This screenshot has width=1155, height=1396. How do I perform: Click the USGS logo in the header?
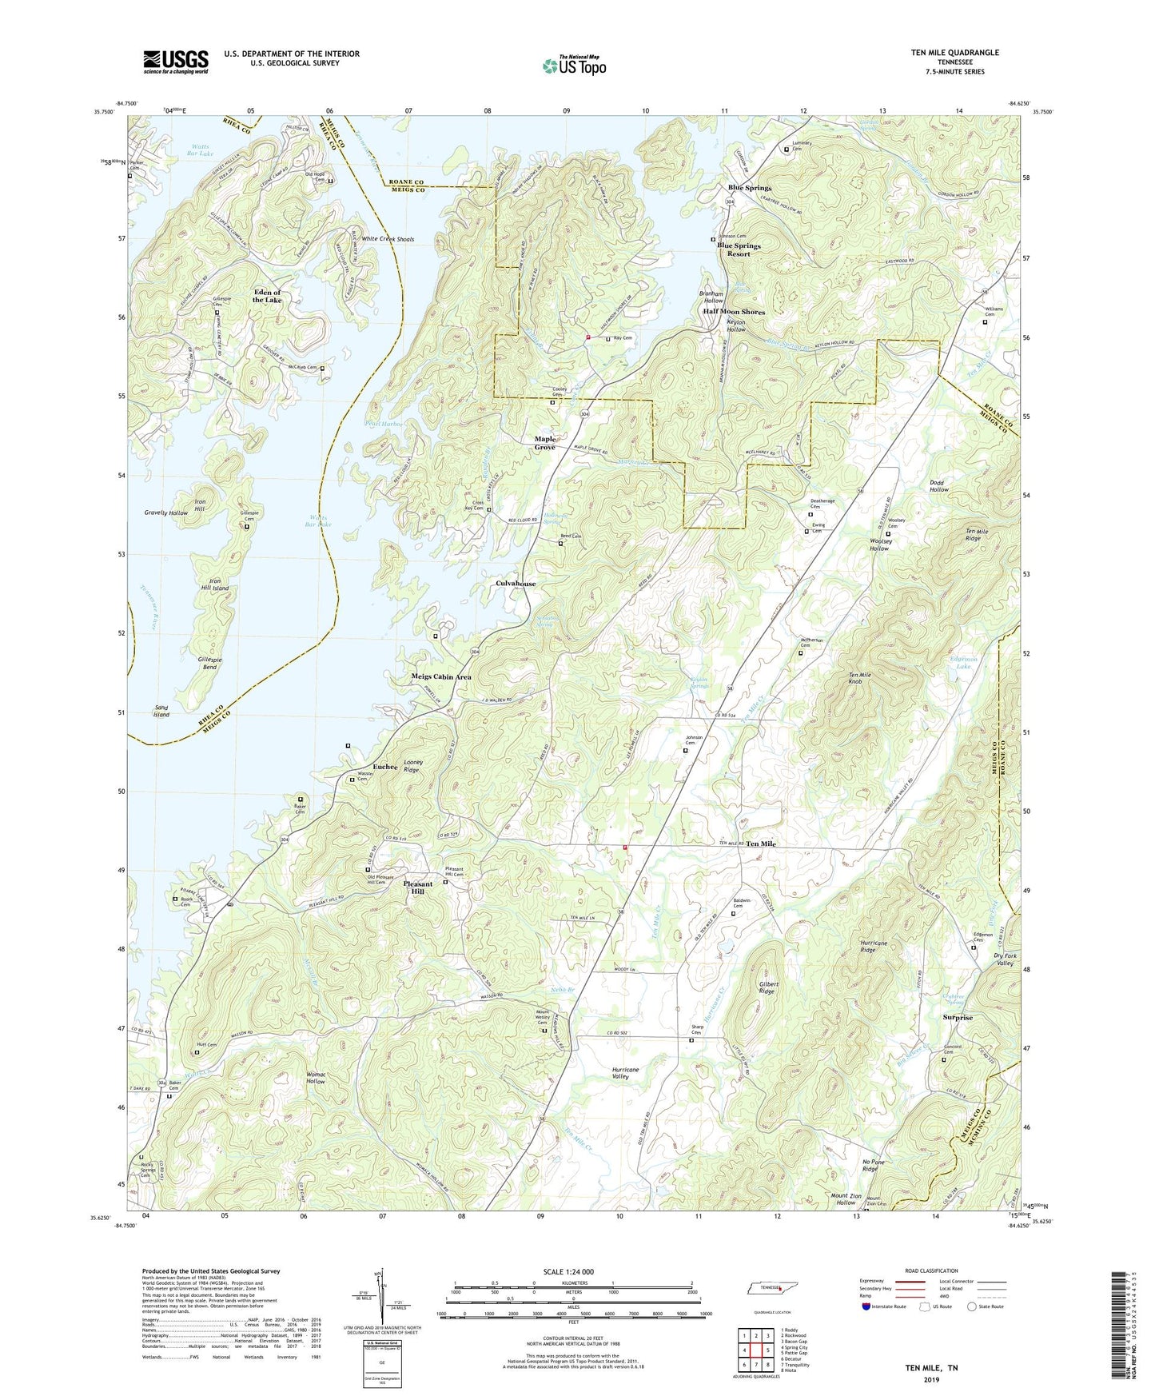(x=176, y=62)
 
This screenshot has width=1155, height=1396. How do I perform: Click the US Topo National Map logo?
(x=574, y=65)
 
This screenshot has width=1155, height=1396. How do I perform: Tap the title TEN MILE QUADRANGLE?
(x=954, y=53)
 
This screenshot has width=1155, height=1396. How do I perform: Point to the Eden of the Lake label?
(x=267, y=296)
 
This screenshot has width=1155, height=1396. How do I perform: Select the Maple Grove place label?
(x=544, y=443)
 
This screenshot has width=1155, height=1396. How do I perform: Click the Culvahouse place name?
(x=516, y=584)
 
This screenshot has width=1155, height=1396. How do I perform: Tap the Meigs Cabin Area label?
(x=440, y=676)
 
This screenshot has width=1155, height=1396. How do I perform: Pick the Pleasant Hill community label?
(x=418, y=887)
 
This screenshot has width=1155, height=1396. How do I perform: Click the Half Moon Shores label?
(x=734, y=312)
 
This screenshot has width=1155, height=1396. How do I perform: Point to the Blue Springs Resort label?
(x=739, y=249)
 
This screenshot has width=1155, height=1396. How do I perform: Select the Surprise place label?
(x=958, y=1018)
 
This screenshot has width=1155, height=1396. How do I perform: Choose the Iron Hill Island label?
(x=218, y=584)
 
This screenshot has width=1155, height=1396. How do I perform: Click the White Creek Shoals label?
(x=388, y=239)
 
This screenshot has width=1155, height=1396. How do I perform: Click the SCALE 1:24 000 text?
(x=568, y=1272)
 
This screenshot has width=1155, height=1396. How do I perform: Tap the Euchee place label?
(x=384, y=767)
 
